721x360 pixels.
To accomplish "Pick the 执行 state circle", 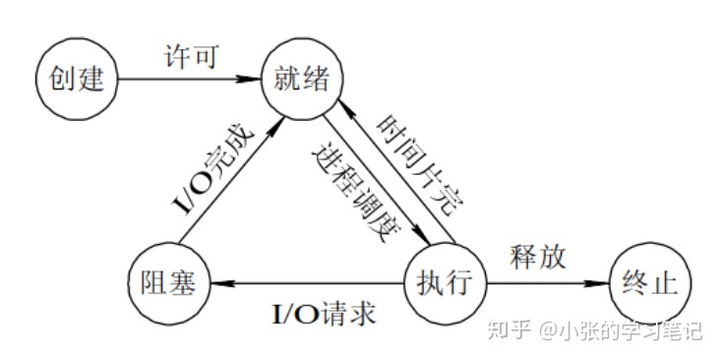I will (447, 284).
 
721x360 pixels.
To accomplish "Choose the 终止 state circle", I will (649, 284).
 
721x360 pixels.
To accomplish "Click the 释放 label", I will (538, 258).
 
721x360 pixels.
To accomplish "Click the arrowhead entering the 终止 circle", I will (601, 285).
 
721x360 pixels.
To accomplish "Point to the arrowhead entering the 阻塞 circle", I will (218, 285).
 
